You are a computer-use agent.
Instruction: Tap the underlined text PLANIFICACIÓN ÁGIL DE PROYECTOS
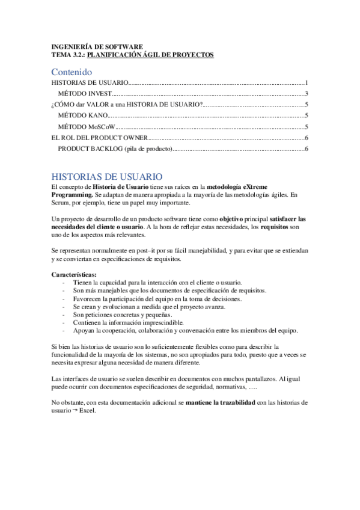coord(150,55)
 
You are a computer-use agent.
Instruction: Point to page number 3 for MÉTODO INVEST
coord(307,93)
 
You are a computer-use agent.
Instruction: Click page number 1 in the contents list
coord(307,82)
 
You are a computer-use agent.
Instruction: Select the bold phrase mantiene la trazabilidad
coord(220,402)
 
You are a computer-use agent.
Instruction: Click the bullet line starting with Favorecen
coord(157,298)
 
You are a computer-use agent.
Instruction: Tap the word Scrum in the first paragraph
coord(61,203)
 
